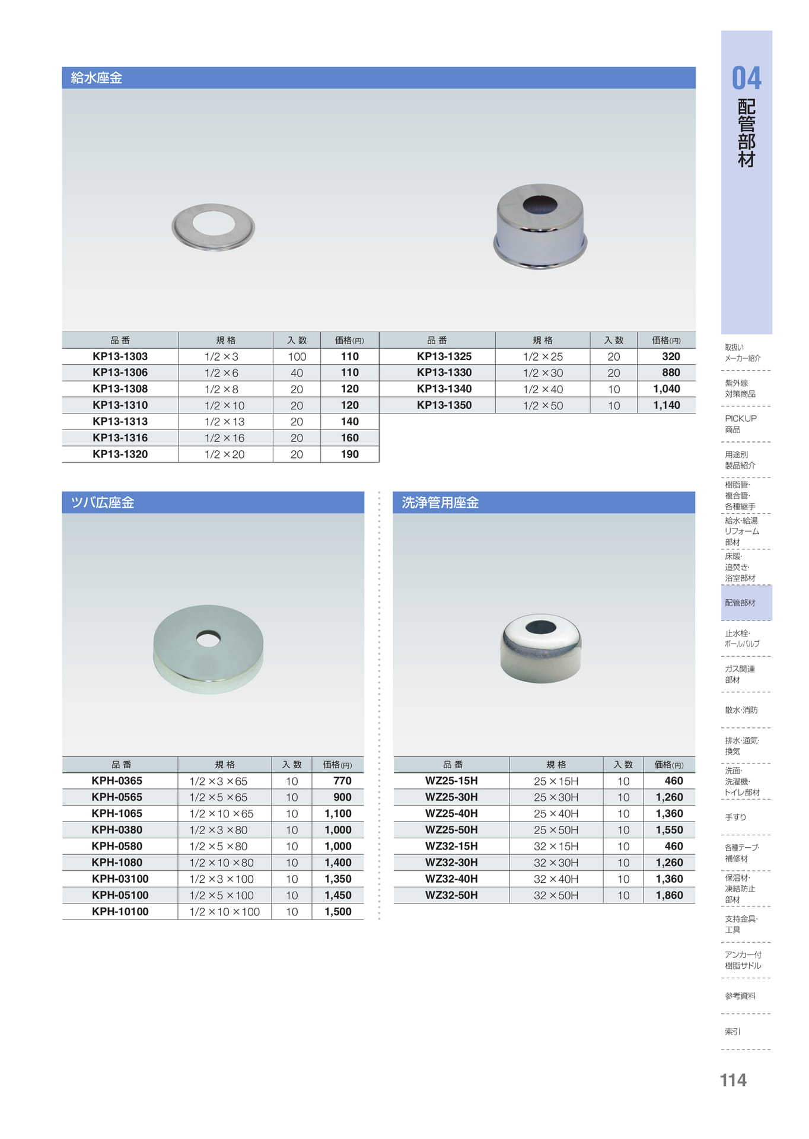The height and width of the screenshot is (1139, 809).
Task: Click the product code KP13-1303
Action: click(120, 357)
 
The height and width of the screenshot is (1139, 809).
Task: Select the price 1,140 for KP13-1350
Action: click(667, 405)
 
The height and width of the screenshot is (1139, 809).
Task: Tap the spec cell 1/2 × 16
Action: click(224, 438)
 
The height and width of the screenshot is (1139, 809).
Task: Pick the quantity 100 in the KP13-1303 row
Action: click(297, 357)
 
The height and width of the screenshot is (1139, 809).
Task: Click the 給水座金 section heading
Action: click(96, 78)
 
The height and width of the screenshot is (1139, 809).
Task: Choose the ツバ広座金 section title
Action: click(102, 502)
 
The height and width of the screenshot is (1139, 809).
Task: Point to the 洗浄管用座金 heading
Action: click(440, 502)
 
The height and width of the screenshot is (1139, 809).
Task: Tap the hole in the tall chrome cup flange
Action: click(540, 204)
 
